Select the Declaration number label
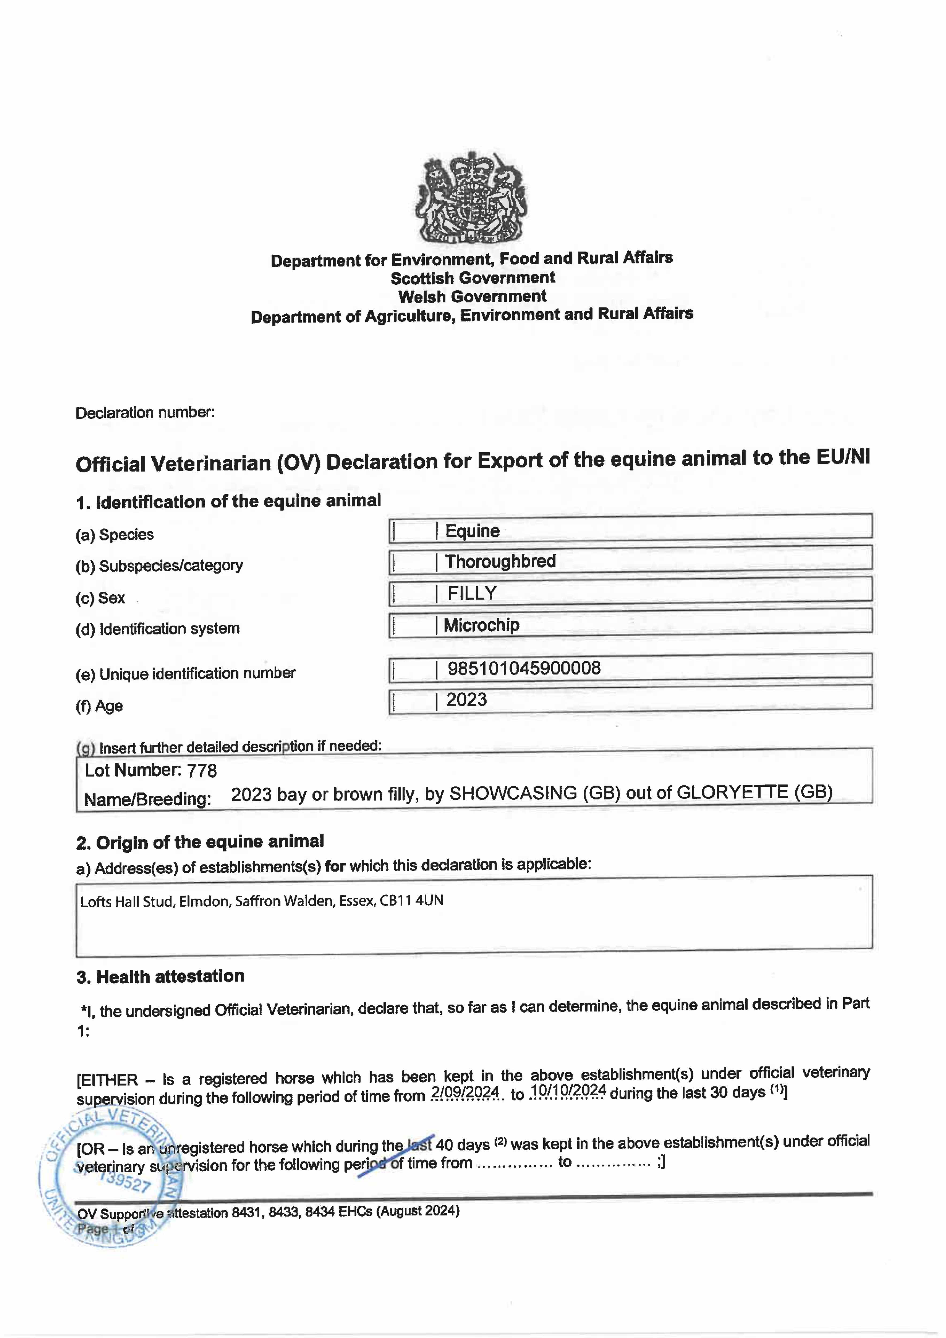pyautogui.click(x=145, y=413)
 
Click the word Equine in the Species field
pyautogui.click(x=472, y=531)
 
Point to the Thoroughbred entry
pyautogui.click(x=500, y=561)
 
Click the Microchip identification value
pyautogui.click(x=481, y=625)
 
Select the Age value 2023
pyautogui.click(x=466, y=699)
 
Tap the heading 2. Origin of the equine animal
pyautogui.click(x=200, y=842)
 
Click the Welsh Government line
pyautogui.click(x=472, y=296)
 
